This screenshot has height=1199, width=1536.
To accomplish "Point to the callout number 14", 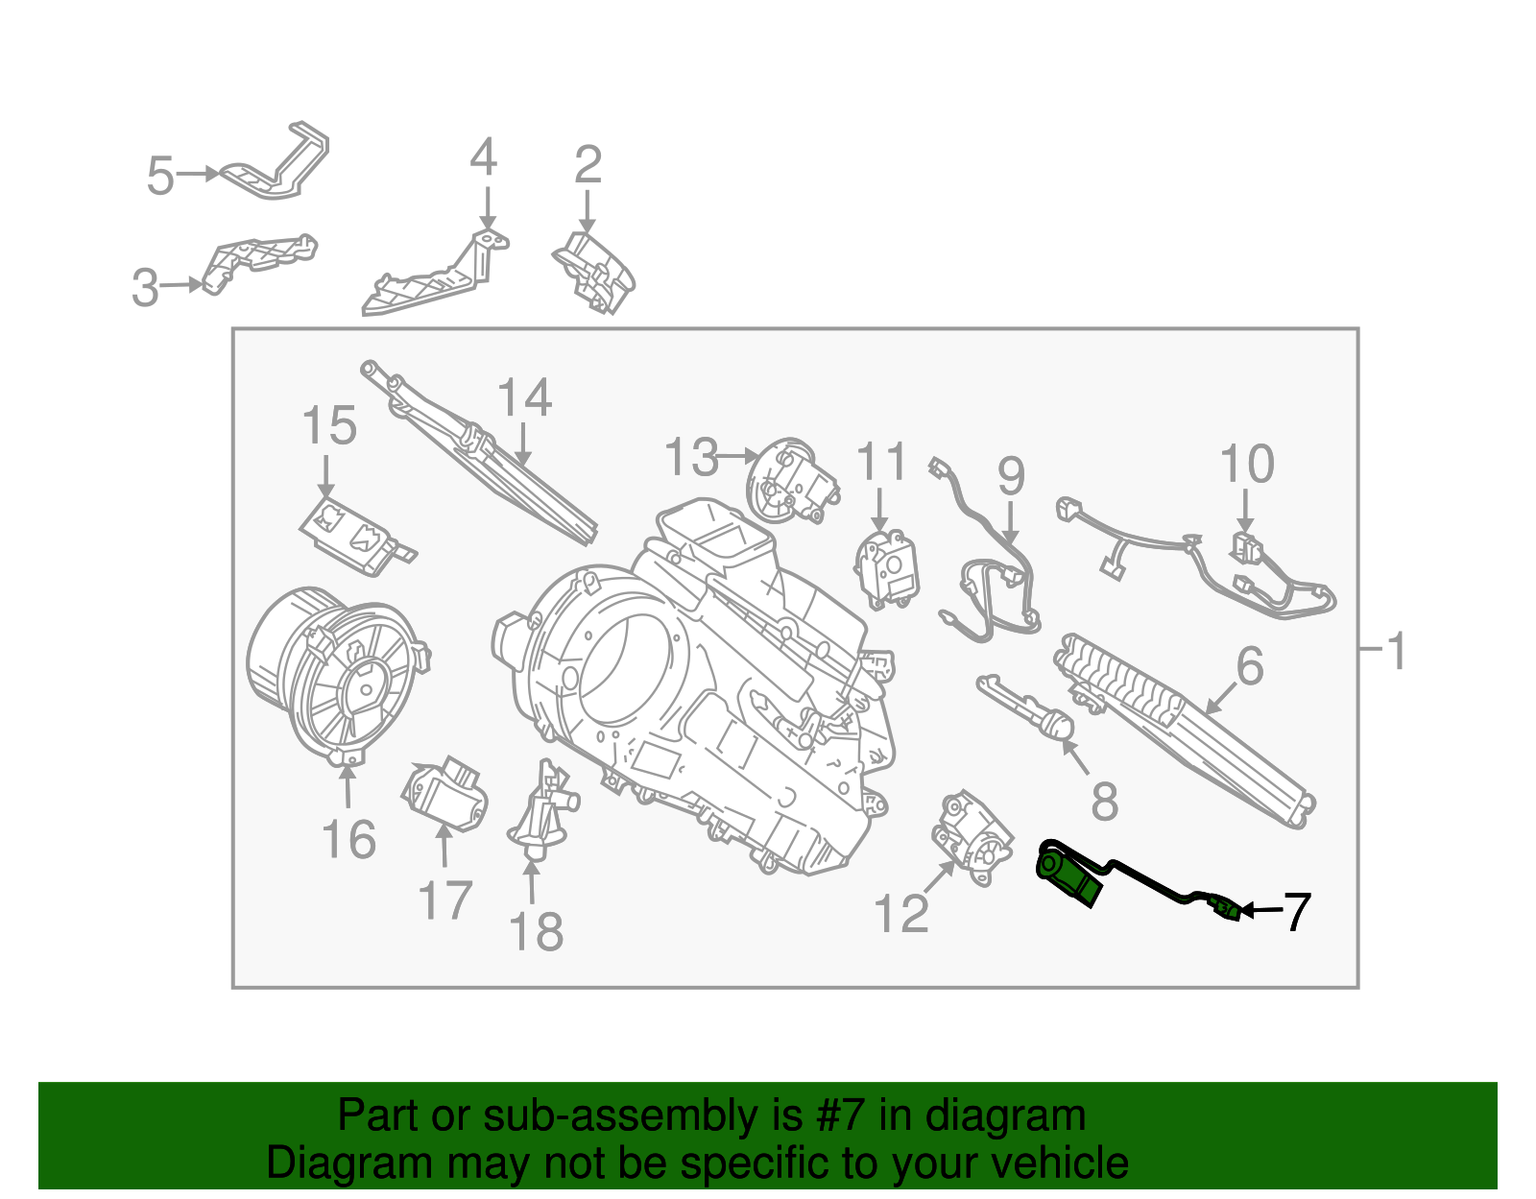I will pos(524,397).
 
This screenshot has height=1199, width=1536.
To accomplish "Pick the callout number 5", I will pos(160,176).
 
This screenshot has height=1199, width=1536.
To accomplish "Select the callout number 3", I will pos(145,287).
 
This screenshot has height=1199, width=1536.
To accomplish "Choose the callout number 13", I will pos(691,457).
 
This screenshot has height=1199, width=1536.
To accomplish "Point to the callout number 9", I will pos(1011,476).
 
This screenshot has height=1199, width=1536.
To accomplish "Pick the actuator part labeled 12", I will pos(972,835).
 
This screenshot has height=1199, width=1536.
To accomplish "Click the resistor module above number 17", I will pos(443,796).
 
